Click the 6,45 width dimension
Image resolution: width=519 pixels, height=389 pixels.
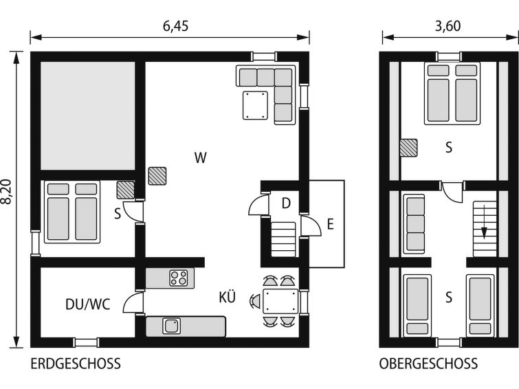coord(175,26)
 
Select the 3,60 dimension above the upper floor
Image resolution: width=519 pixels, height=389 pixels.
coord(448,26)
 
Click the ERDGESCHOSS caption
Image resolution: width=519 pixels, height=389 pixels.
coord(76,364)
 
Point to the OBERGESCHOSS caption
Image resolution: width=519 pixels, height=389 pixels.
coord(428,364)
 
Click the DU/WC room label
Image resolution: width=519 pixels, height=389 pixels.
coord(88,304)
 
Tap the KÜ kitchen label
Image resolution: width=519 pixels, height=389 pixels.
coord(228,297)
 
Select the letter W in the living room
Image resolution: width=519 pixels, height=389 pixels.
coord(201,157)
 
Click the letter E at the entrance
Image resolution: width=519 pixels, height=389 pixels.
coord(331,225)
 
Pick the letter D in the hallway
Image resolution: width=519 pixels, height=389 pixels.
coord(287,203)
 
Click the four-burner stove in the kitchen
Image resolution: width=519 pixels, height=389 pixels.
coord(179,278)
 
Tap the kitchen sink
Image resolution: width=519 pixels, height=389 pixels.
coord(171,326)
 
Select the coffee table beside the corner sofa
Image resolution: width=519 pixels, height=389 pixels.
coord(255,105)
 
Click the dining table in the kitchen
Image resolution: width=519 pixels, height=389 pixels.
coord(280,301)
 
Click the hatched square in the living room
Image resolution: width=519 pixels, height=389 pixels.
coord(157,176)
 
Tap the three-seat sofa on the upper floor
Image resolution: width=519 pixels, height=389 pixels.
coord(414,224)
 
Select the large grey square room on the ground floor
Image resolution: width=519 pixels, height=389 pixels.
coord(88,115)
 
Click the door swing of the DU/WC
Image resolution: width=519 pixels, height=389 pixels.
coord(133,302)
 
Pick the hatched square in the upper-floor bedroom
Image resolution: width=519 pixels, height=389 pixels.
coord(408,148)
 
